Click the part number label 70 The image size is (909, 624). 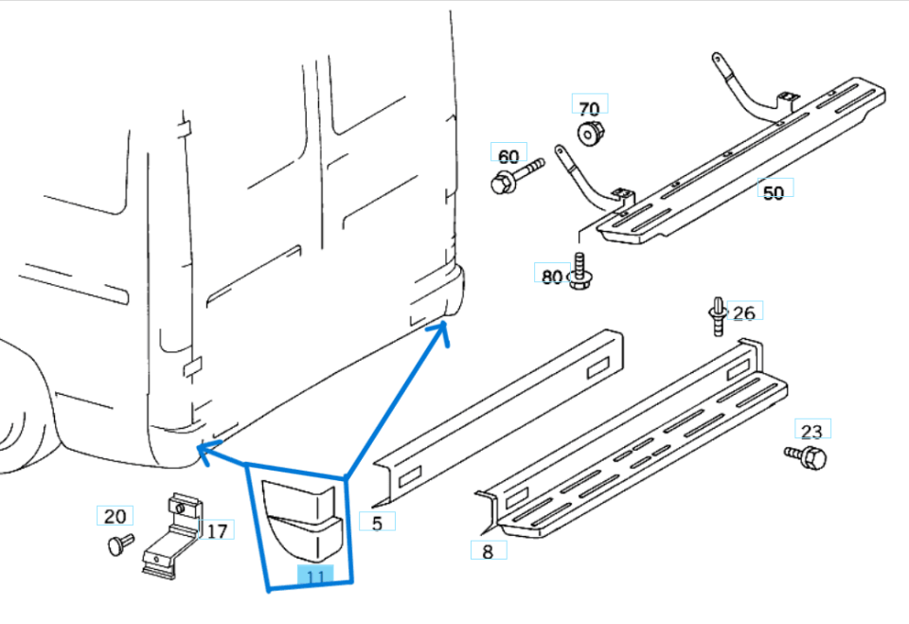pyautogui.click(x=589, y=107)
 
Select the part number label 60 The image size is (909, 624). pyautogui.click(x=508, y=155)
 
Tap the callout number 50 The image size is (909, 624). pyautogui.click(x=774, y=192)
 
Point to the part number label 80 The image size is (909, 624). pyautogui.click(x=552, y=276)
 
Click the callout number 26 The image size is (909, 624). pyautogui.click(x=744, y=312)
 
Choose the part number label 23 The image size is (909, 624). pyautogui.click(x=812, y=431)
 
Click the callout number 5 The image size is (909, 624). pyautogui.click(x=377, y=522)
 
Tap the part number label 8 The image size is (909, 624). pyautogui.click(x=488, y=550)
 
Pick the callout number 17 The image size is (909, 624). pyautogui.click(x=217, y=530)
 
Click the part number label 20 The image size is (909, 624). pyautogui.click(x=115, y=516)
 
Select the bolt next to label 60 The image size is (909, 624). pyautogui.click(x=515, y=177)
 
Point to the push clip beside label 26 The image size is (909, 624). pyautogui.click(x=717, y=314)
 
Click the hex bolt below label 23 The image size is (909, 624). pyautogui.click(x=808, y=458)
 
